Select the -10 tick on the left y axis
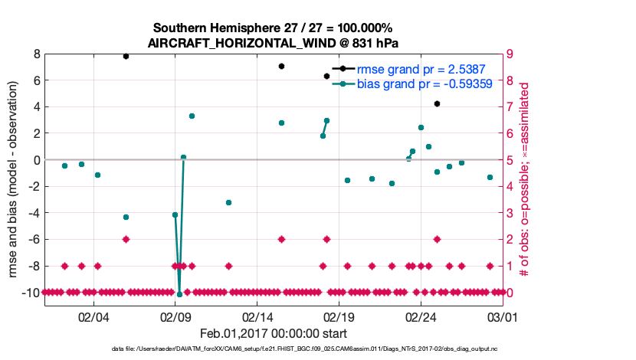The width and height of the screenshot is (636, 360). coord(31,293)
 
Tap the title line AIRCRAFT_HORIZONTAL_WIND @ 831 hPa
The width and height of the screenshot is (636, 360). coord(273,42)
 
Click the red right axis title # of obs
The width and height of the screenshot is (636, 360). coord(525,180)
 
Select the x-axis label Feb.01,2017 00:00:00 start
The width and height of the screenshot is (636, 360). coord(273,333)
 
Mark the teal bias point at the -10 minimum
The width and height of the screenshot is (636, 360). coord(179,294)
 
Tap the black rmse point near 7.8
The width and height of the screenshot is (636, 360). coord(126,56)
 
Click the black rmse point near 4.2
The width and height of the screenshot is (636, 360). coord(437,103)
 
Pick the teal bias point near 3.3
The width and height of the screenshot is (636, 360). coord(192,116)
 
